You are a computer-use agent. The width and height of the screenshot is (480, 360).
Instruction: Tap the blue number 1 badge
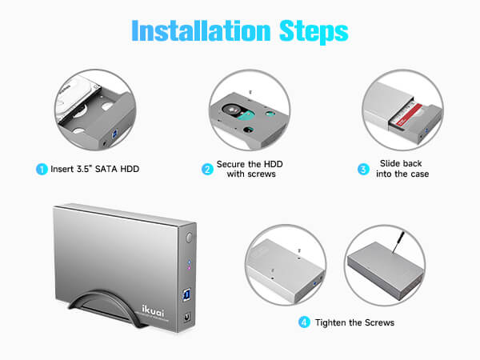[x=42, y=170]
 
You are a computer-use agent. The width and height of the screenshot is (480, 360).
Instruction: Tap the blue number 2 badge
[x=206, y=170]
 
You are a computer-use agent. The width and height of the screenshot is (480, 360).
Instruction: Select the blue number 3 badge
[x=362, y=170]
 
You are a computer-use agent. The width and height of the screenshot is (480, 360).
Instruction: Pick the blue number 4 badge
[x=304, y=322]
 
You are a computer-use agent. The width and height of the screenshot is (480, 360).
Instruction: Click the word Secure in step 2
[x=233, y=164]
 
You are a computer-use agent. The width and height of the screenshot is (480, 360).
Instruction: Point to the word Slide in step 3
[x=389, y=164]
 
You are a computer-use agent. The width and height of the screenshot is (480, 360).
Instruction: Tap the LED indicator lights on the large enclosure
[x=188, y=264]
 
